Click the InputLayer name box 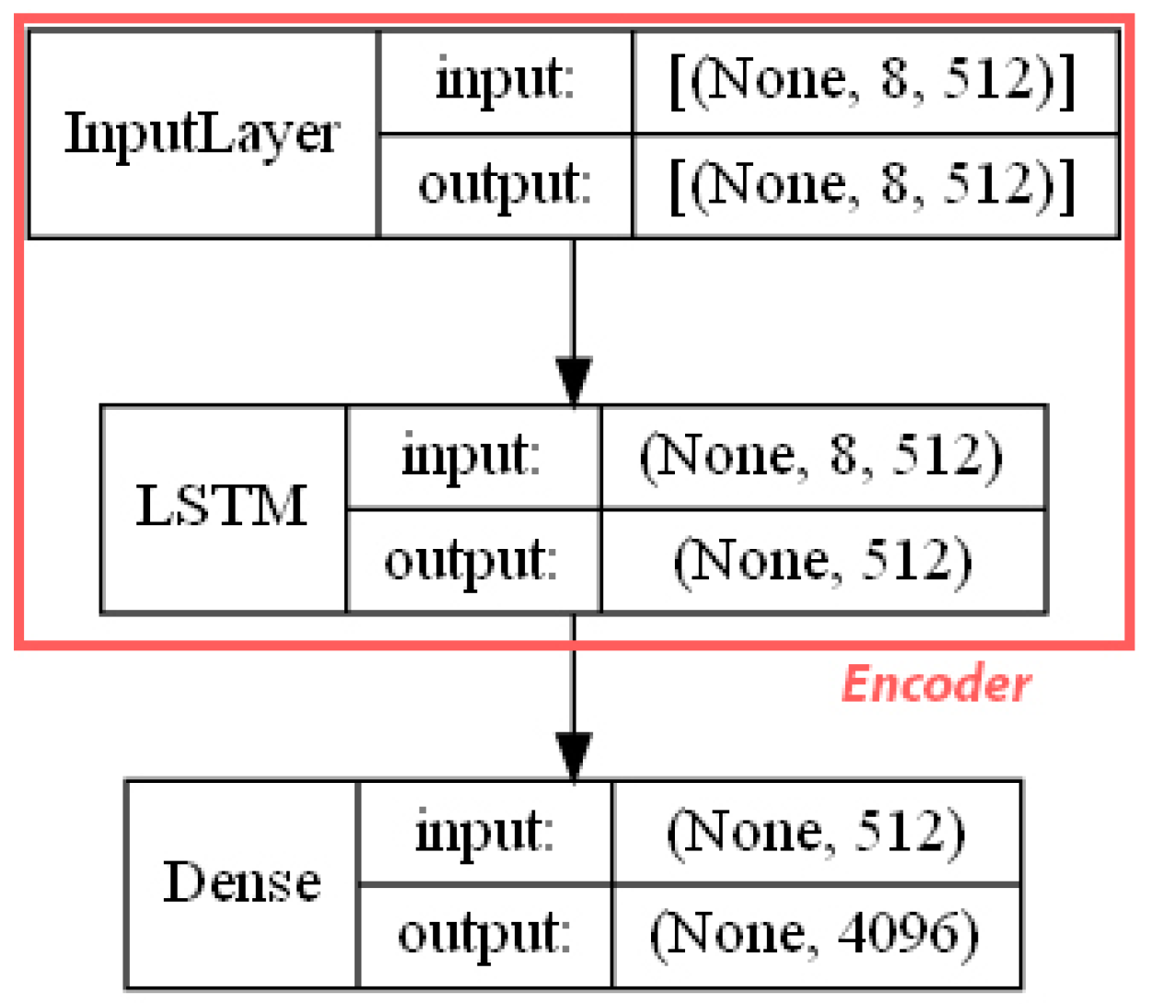pos(203,134)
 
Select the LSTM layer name pos(222,508)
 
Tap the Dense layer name pos(241,883)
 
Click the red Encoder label pos(936,685)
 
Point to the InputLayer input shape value pos(872,81)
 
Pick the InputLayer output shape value pos(872,186)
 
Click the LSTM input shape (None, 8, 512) pos(821,457)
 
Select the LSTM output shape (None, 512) pos(821,561)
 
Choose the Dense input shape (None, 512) pos(816,832)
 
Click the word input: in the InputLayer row pos(505,81)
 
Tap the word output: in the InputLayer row pos(505,186)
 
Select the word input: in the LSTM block pos(471,457)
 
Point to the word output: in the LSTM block pos(471,561)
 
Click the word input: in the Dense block pos(484,832)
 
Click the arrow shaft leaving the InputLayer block pos(574,295)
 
